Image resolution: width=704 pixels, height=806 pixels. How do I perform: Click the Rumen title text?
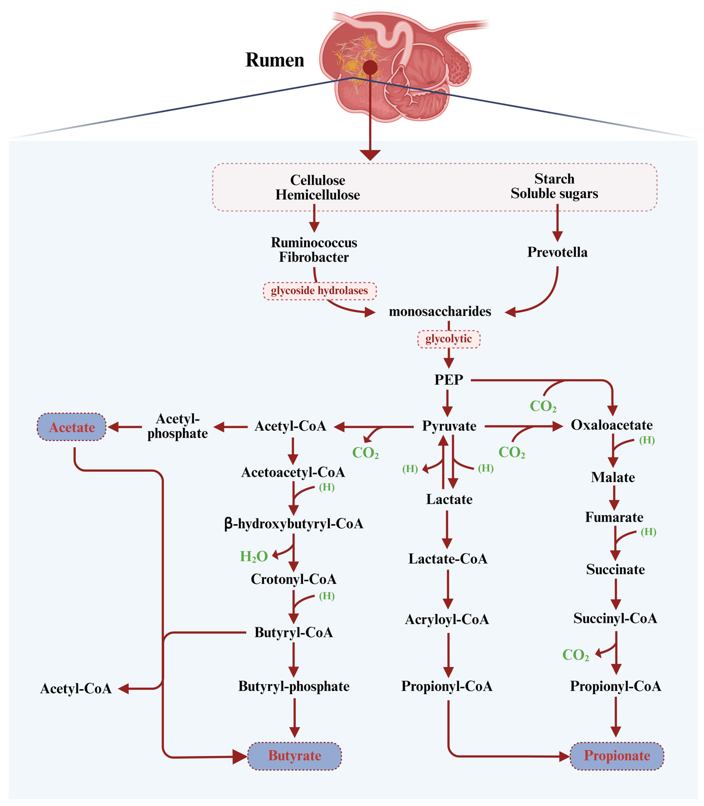(275, 60)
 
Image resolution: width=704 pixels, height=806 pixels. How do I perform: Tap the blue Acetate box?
(72, 427)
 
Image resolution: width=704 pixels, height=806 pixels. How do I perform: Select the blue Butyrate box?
(295, 755)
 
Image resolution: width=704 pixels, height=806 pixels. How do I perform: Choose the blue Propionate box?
(617, 755)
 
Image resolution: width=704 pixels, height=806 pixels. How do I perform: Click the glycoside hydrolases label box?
(319, 291)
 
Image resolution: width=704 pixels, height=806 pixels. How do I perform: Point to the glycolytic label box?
(449, 339)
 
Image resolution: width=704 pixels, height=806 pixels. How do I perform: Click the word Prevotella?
(557, 252)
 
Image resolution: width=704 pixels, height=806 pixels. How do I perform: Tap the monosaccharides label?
(440, 311)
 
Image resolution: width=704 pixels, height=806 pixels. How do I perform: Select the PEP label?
(449, 380)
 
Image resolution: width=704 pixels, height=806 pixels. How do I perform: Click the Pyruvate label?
(449, 426)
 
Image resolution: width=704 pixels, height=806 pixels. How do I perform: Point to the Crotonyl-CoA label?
(293, 579)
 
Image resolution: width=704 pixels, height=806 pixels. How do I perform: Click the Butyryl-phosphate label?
(294, 686)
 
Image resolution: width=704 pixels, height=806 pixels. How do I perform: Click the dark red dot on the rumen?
(370, 68)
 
